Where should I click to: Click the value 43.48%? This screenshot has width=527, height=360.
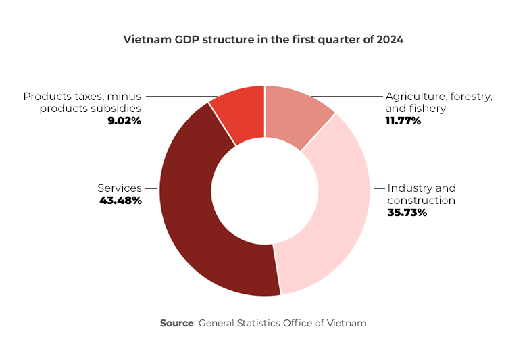point(120,201)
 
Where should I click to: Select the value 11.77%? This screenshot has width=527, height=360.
point(403,121)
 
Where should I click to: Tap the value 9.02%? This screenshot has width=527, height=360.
point(124,121)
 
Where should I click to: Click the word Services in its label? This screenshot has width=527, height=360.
point(120,188)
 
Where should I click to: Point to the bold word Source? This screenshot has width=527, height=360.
point(176,323)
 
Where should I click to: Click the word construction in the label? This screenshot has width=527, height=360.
point(421,201)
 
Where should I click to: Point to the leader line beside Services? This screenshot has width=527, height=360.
point(151,188)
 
